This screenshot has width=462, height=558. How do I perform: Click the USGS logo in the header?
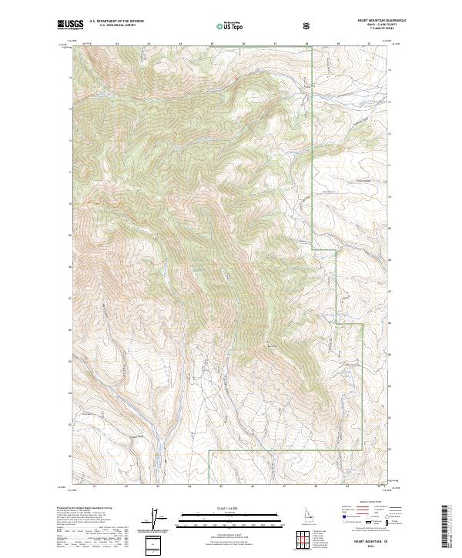(x=70, y=25)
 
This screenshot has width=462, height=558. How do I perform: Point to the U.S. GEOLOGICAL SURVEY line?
(x=114, y=25)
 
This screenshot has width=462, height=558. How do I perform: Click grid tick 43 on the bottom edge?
(x=157, y=486)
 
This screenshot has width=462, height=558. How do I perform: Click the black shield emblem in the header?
(x=307, y=25)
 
